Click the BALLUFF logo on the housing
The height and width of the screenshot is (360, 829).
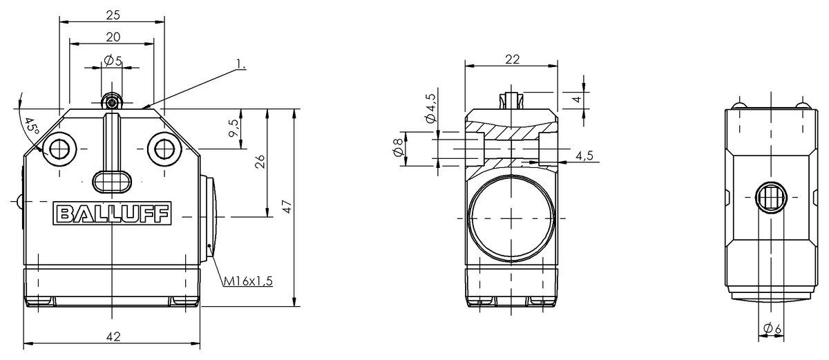[x=112, y=214]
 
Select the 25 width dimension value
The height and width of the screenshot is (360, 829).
[x=113, y=15]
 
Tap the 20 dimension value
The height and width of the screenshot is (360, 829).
[x=113, y=37]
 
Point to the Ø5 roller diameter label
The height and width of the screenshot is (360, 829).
[x=113, y=60]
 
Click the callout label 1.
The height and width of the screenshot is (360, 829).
[x=241, y=64]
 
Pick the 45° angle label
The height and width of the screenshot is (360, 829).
[x=32, y=126]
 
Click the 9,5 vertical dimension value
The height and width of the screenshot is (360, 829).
[x=234, y=128]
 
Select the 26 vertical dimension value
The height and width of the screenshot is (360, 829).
[x=260, y=162]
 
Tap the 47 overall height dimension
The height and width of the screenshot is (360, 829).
[x=287, y=207]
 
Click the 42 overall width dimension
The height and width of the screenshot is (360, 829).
[x=113, y=337]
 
